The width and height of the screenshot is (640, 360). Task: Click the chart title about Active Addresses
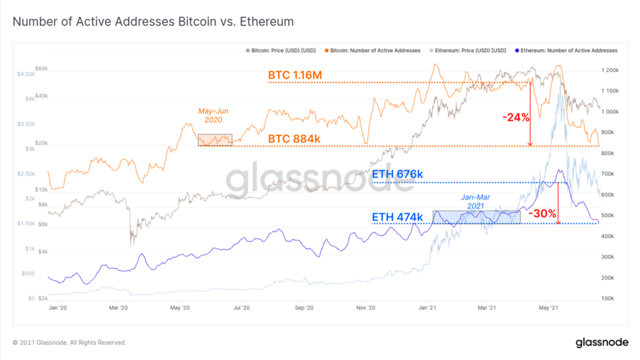click(153, 22)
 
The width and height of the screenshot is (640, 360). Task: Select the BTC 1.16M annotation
click(295, 76)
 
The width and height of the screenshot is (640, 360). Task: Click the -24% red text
click(516, 117)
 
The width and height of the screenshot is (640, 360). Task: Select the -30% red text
click(542, 213)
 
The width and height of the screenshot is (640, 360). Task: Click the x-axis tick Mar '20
click(118, 308)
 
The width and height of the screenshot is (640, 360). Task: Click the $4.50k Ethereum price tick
click(27, 74)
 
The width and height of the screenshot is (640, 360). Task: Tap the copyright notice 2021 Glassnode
click(69, 342)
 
